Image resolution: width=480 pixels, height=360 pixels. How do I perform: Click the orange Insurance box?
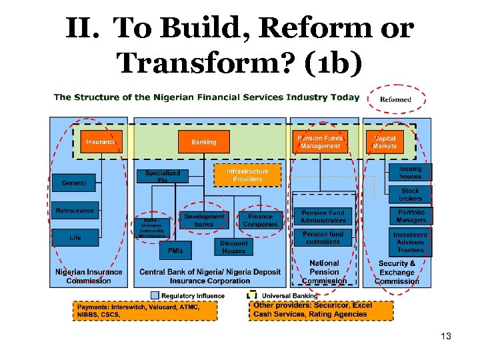pos(101,142)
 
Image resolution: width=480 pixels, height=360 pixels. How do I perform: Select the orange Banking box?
pos(203,142)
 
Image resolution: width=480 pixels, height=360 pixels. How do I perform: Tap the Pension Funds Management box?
pos(320,141)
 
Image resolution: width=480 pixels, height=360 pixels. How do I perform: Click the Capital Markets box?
pos(385,141)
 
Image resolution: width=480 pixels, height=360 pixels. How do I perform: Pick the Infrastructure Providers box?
pos(247,175)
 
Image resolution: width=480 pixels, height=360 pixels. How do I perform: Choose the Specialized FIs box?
pos(163,176)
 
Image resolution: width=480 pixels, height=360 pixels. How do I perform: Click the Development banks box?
pos(204,220)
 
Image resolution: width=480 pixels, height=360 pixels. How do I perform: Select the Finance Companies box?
pos(260,220)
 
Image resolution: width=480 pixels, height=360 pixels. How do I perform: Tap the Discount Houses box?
pos(233,247)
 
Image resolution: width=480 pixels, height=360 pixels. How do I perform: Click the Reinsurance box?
pos(75,211)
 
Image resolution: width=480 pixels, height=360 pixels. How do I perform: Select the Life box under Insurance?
pos(75,237)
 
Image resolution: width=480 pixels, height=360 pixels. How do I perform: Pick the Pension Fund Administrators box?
pos(323,216)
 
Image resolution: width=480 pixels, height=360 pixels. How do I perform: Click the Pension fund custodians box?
pos(323,238)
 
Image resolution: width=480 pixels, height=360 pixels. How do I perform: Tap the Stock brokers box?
pos(410,195)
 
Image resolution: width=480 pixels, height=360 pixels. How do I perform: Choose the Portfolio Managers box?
pos(410,216)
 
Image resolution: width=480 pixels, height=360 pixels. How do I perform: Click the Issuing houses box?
pos(410,173)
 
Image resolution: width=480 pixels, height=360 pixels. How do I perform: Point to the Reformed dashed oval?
pos(395,99)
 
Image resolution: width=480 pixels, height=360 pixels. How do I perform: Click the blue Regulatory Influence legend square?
pos(155,295)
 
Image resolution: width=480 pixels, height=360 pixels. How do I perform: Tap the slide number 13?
pos(446,336)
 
